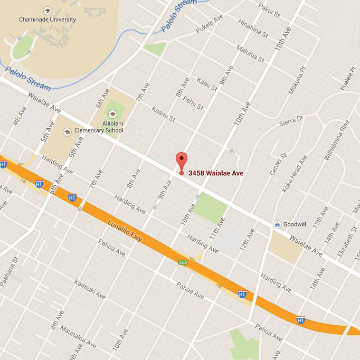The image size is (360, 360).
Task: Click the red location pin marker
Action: [x=182, y=160]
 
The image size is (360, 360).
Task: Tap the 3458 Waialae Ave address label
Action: [x=215, y=173]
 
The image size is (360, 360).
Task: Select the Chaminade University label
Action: [x=48, y=20]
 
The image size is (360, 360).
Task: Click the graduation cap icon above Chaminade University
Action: [x=48, y=11]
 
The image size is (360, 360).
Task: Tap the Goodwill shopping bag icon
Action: [x=277, y=224]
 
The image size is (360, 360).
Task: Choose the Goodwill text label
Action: [x=295, y=224]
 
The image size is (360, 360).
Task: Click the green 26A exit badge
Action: [x=183, y=262]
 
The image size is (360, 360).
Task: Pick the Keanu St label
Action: [x=163, y=112]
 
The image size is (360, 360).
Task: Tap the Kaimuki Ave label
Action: [x=90, y=289]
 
